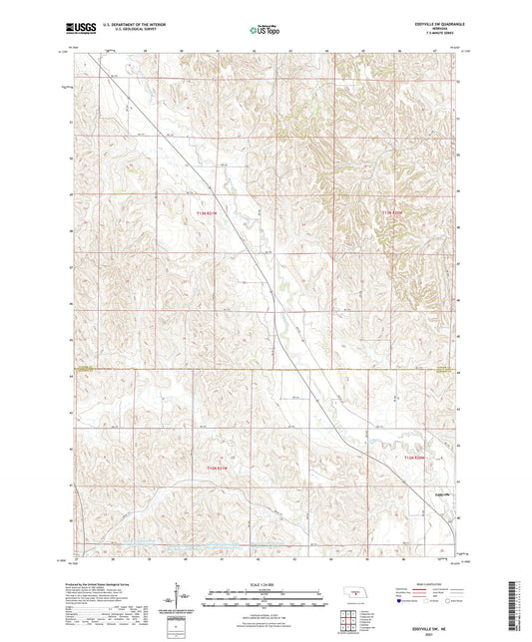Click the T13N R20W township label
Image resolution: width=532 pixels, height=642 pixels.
(396, 212)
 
